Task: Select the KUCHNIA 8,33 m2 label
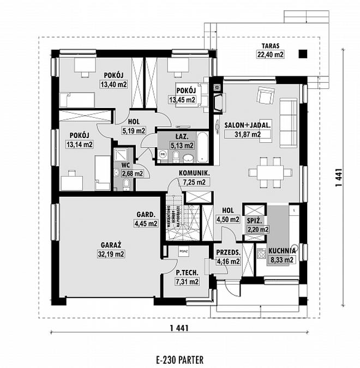281,255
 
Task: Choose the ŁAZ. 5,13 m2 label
182,142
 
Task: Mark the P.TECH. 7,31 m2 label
187,277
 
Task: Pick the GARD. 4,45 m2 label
146,219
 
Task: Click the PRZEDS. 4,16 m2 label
229,257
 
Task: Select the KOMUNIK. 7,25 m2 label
195,178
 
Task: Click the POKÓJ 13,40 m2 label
113,80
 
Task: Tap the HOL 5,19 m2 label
134,126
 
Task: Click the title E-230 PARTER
179,359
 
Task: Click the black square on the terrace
303,53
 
